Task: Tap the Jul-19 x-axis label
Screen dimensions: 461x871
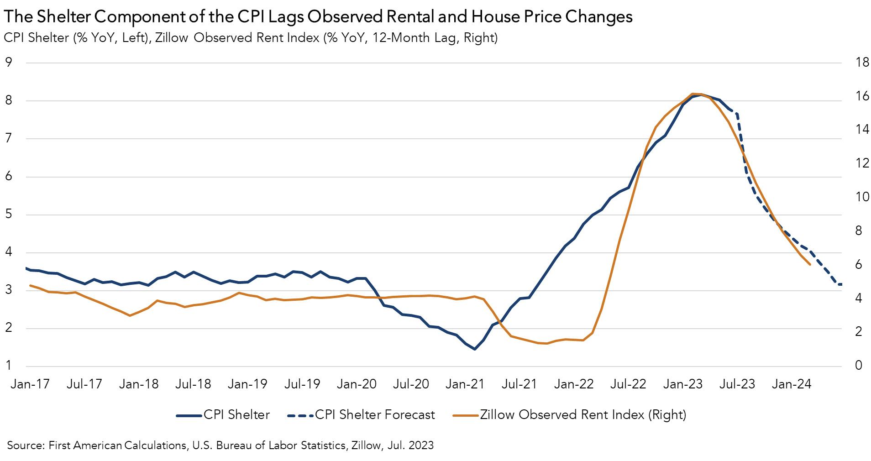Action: pos(301,384)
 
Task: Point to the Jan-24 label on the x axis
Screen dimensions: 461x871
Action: pos(791,384)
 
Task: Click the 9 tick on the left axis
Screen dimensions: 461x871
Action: pos(8,62)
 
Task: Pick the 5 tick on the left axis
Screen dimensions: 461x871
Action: pos(8,215)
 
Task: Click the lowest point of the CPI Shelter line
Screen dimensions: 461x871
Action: pos(475,349)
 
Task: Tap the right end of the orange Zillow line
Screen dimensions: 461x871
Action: pos(809,264)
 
